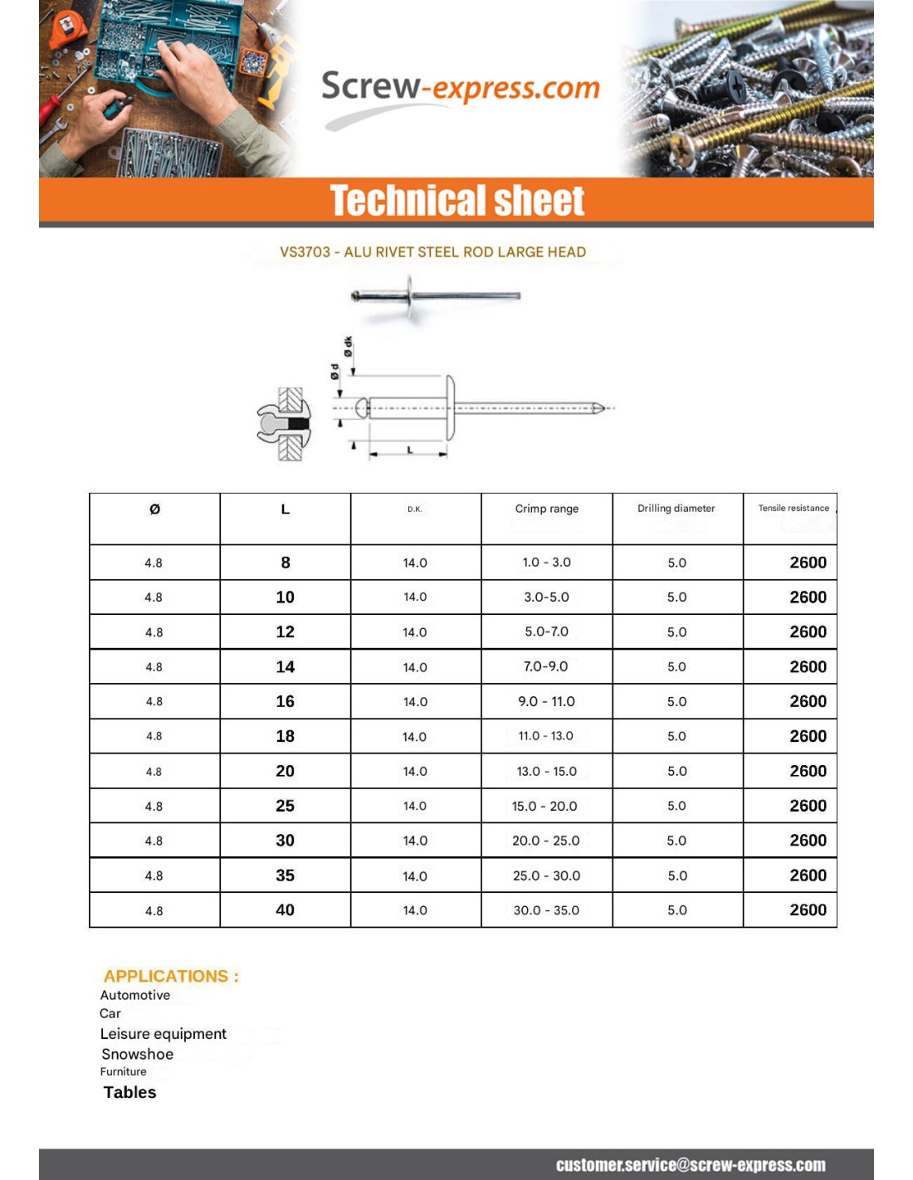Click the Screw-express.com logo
click(460, 90)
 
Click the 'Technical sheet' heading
click(456, 201)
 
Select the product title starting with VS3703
click(432, 251)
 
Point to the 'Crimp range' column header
click(546, 509)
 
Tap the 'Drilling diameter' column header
click(676, 508)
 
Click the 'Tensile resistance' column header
click(793, 508)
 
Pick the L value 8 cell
click(286, 563)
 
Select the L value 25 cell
click(285, 806)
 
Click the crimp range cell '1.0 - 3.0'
click(546, 562)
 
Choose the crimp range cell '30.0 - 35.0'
click(546, 910)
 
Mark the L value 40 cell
click(285, 910)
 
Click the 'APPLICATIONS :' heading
click(171, 976)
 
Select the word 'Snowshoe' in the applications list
click(137, 1054)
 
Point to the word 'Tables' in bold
click(129, 1092)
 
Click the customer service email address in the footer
click(691, 1165)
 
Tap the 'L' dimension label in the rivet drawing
click(409, 449)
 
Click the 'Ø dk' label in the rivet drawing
click(349, 347)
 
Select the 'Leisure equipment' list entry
click(163, 1033)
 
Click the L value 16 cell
click(285, 701)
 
